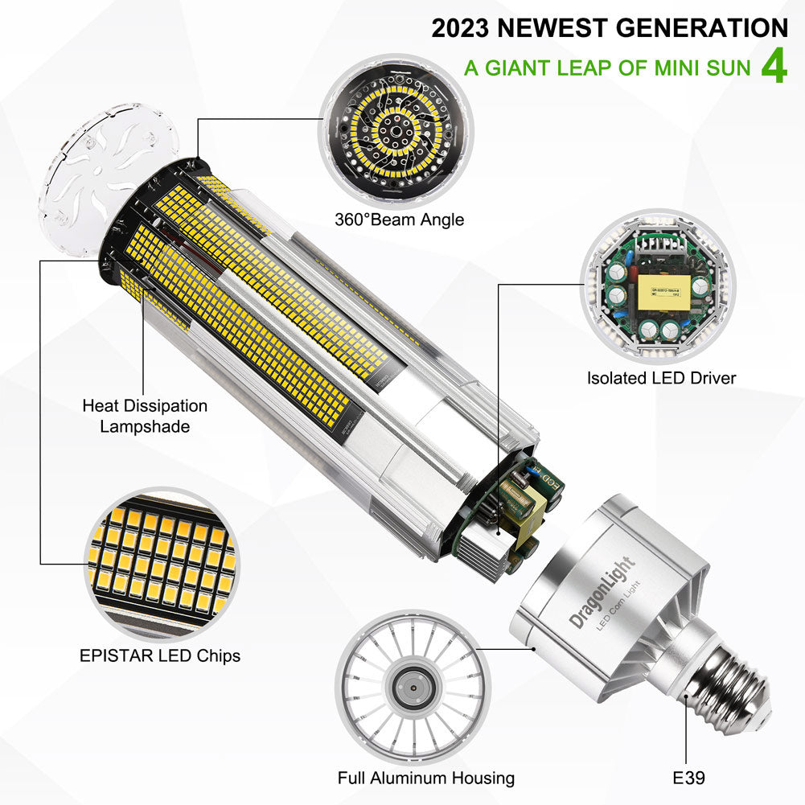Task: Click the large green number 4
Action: pos(773,67)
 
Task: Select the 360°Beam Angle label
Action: pos(400,219)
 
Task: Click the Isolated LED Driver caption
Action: pos(661,377)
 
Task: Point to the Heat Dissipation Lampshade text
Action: pos(145,416)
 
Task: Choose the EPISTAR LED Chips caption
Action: pos(160,655)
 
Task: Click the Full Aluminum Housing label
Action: pos(426,778)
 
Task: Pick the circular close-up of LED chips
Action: pos(161,562)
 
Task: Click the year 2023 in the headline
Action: pos(461,28)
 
